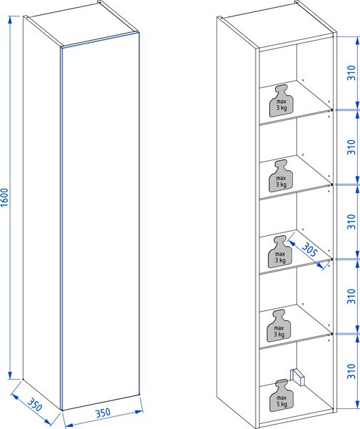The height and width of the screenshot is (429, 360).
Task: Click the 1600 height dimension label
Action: click(x=5, y=197)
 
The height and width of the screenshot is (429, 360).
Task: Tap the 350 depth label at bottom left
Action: click(x=35, y=405)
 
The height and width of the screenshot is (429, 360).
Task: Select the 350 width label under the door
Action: click(x=103, y=413)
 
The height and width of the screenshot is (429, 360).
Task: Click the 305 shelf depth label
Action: click(x=310, y=250)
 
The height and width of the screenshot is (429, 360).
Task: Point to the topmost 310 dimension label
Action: click(x=351, y=73)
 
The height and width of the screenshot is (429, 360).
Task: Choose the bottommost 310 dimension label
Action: click(x=351, y=371)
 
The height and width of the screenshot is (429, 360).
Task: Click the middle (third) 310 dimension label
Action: click(x=351, y=222)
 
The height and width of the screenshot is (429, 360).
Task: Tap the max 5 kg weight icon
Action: click(x=281, y=395)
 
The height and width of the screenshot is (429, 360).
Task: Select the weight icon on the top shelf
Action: click(x=281, y=100)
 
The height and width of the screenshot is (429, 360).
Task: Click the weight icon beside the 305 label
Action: click(x=280, y=252)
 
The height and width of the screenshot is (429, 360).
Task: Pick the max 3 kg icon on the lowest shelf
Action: click(x=279, y=325)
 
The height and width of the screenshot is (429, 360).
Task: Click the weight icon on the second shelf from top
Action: click(x=281, y=176)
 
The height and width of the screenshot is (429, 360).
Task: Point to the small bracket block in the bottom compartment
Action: click(x=297, y=377)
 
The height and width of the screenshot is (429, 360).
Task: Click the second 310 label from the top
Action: click(x=351, y=147)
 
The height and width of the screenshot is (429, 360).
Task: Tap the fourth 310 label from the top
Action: click(x=351, y=296)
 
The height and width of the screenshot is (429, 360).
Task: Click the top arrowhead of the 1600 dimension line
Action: click(x=10, y=19)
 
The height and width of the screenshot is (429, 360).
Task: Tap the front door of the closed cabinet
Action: click(x=100, y=221)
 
